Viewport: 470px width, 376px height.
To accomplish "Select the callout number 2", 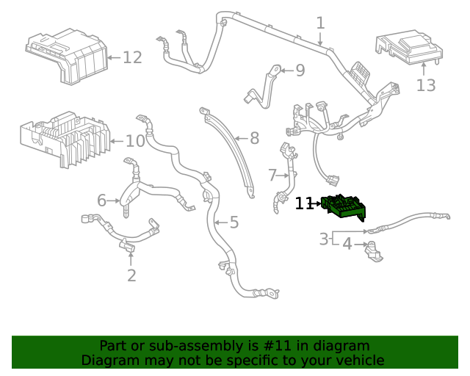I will (x=131, y=275).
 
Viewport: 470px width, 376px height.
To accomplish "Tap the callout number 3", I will (x=324, y=239).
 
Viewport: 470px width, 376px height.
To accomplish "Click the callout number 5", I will (x=234, y=222).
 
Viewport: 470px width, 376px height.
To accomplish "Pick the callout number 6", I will (x=102, y=200).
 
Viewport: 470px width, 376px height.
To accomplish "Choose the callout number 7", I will (x=272, y=176).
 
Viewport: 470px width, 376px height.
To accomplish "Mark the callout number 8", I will (x=254, y=138).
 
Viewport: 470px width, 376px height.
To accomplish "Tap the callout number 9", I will (x=300, y=70).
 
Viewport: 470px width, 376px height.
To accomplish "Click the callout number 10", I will (x=135, y=141).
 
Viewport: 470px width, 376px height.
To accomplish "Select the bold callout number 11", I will (x=304, y=203).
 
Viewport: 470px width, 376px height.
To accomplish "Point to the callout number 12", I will (x=131, y=57).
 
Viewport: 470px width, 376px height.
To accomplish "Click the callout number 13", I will (x=426, y=85).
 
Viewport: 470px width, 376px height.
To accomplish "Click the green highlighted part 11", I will (x=344, y=208).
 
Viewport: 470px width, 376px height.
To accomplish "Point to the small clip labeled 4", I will (x=375, y=250).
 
